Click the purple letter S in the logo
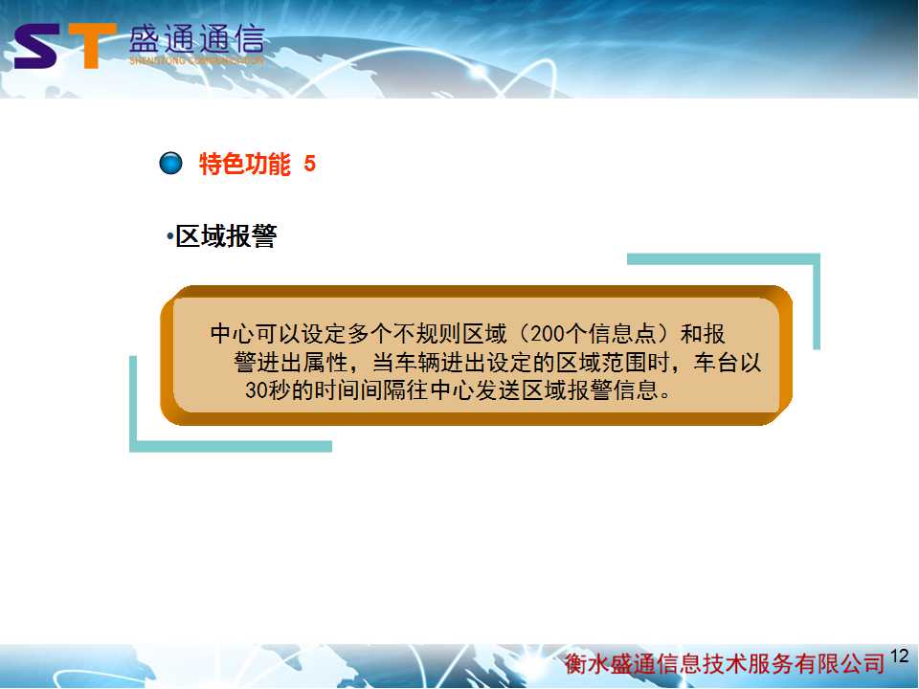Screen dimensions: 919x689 coord(36,47)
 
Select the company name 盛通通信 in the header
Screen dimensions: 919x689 coord(197,40)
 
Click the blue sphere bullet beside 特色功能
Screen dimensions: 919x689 coord(171,163)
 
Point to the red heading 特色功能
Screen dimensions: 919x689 coord(245,164)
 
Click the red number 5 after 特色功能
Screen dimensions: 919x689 coord(309,164)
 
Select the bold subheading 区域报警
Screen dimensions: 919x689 coord(226,236)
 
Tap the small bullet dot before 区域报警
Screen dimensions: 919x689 coord(170,237)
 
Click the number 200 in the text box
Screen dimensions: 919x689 coord(548,334)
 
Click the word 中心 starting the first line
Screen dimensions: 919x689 coord(233,334)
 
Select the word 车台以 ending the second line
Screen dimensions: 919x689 coord(728,363)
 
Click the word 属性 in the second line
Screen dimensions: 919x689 coord(325,363)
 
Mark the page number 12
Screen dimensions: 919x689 coord(899,656)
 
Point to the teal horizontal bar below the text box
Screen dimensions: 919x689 coord(231,447)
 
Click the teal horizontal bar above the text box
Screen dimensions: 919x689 coord(724,259)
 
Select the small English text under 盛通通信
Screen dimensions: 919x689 coord(197,61)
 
